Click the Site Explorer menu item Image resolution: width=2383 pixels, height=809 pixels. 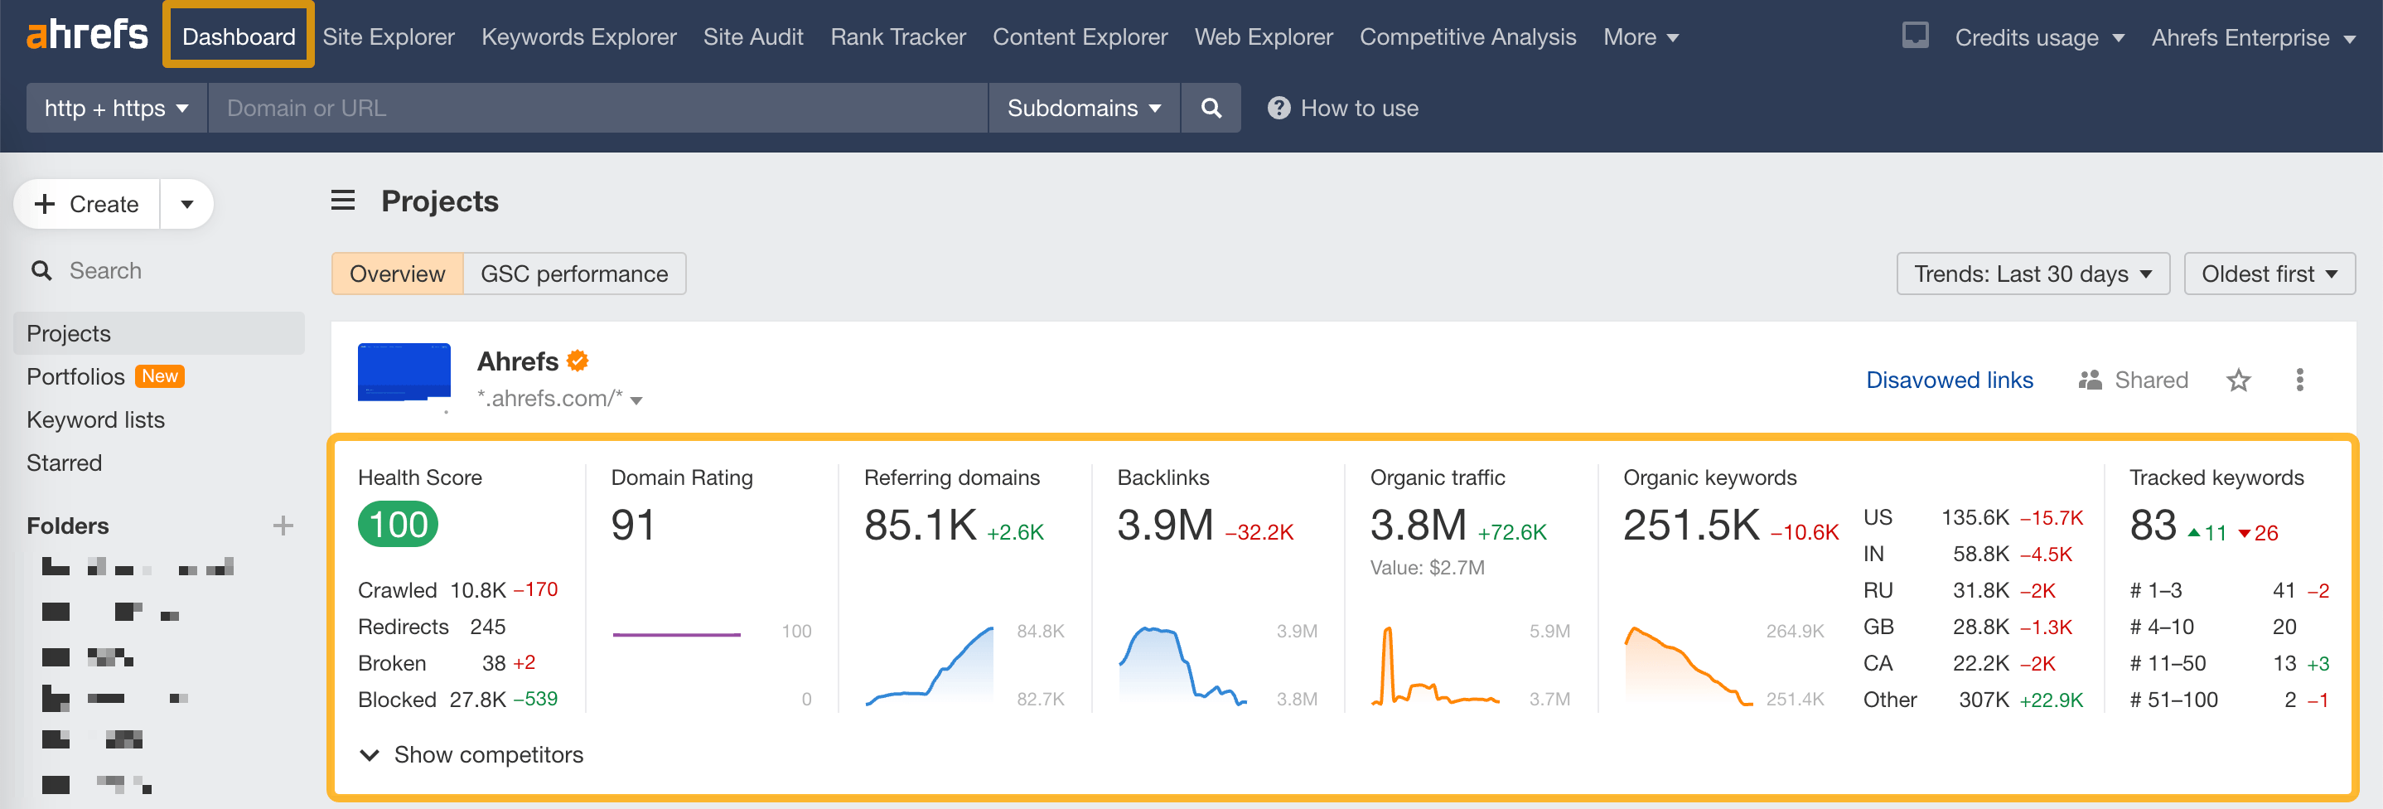(x=389, y=37)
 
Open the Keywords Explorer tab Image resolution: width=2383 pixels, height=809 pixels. (x=578, y=37)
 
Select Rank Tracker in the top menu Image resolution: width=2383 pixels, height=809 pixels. (x=897, y=37)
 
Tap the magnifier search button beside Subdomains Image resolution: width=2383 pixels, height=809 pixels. (x=1210, y=109)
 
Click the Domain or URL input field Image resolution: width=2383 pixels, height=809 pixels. (x=597, y=109)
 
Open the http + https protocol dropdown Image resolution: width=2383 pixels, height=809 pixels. (x=117, y=109)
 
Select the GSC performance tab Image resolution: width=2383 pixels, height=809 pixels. (x=573, y=274)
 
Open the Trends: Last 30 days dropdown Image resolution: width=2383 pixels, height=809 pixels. (x=2032, y=274)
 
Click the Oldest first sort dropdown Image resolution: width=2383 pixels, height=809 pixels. (x=2269, y=274)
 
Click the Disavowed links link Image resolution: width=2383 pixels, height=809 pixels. (x=1948, y=380)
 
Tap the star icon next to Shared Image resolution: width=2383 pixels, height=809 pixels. (x=2238, y=380)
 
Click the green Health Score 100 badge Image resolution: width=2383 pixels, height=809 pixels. (x=398, y=524)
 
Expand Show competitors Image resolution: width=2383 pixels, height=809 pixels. (x=471, y=754)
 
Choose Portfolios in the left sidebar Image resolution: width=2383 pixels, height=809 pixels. (x=76, y=376)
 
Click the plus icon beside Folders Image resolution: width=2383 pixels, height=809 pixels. (x=283, y=526)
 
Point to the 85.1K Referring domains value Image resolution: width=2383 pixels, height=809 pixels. (x=920, y=525)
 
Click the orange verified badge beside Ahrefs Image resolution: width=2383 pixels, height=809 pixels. (x=578, y=361)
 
